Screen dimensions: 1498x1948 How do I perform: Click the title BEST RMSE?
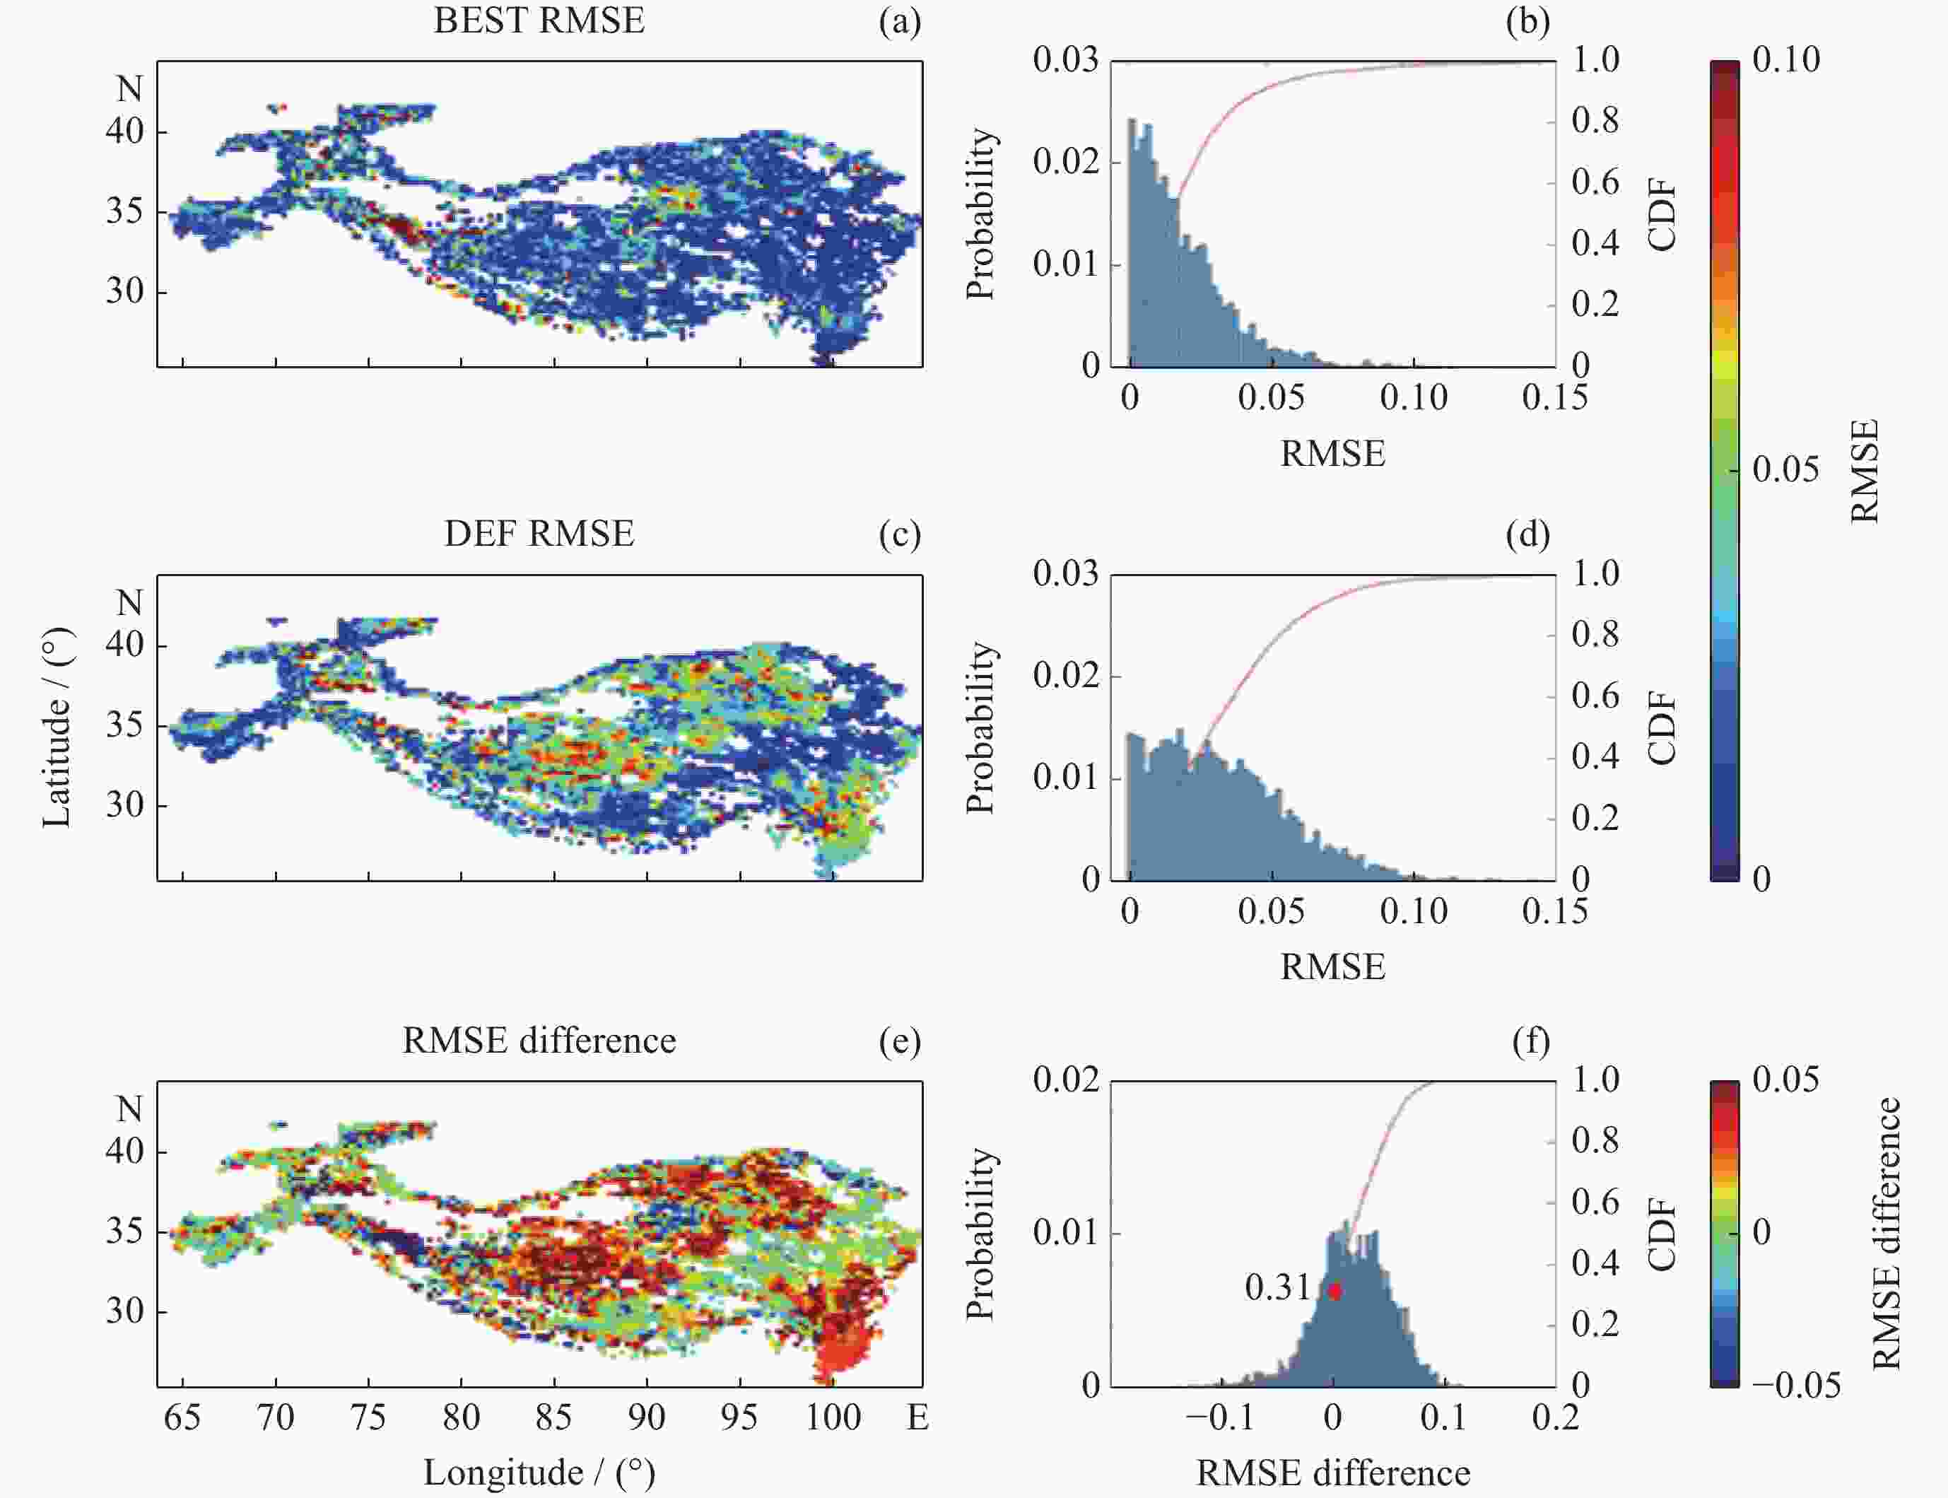pyautogui.click(x=539, y=21)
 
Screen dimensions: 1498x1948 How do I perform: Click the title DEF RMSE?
pyautogui.click(x=539, y=533)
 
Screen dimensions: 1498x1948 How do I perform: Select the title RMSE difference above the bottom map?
pyautogui.click(x=539, y=1041)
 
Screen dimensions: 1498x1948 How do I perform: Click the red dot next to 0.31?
pyautogui.click(x=1334, y=1290)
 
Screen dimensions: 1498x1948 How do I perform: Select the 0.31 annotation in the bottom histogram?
pyautogui.click(x=1277, y=1287)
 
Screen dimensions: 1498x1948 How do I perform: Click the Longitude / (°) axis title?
pyautogui.click(x=539, y=1472)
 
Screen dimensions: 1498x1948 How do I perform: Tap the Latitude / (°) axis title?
pyautogui.click(x=56, y=727)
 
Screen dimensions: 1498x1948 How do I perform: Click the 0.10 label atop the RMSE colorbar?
pyautogui.click(x=1785, y=60)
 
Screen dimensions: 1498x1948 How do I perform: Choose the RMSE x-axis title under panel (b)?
pyautogui.click(x=1333, y=454)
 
